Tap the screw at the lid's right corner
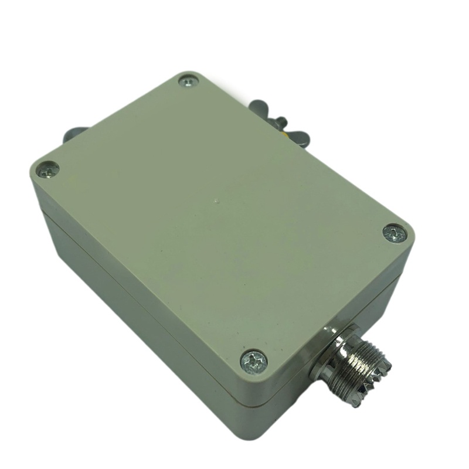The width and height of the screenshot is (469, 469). click(393, 233)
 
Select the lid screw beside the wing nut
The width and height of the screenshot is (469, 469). click(189, 81)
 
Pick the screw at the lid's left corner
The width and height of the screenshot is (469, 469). click(47, 170)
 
